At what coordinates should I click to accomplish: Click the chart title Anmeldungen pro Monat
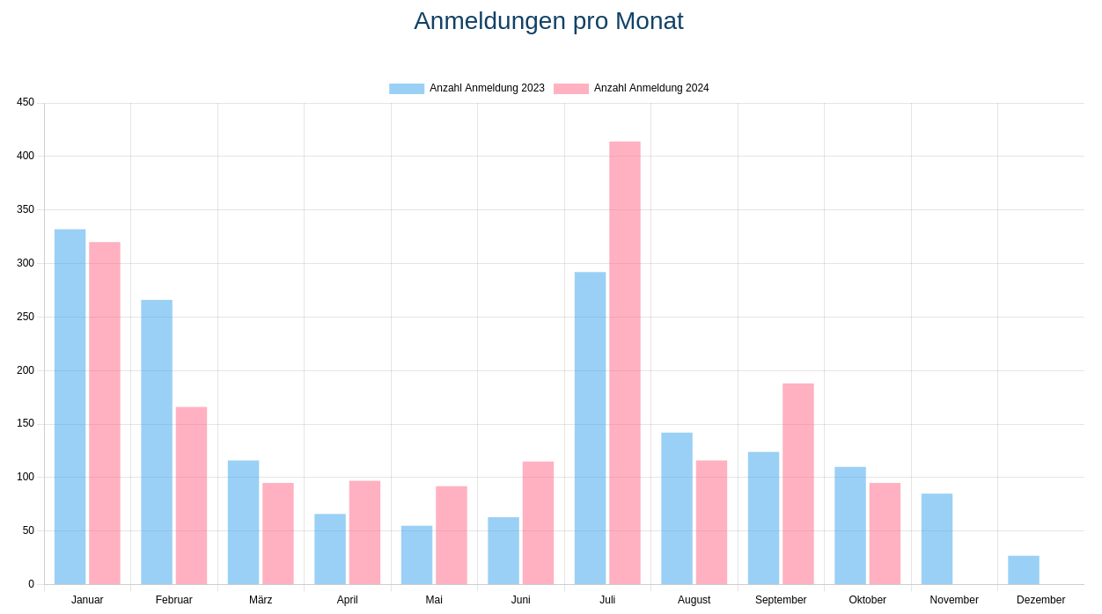548,21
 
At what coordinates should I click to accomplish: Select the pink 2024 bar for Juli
625,362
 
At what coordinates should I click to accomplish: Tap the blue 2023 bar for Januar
70,406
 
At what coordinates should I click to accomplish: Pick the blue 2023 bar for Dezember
1024,570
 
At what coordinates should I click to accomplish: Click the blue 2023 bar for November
937,538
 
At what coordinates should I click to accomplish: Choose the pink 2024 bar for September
798,484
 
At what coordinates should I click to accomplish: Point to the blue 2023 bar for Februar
157,442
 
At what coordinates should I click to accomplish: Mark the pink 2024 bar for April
364,532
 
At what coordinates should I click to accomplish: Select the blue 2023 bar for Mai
416,555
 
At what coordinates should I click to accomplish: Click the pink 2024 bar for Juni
538,523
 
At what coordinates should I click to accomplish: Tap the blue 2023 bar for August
677,508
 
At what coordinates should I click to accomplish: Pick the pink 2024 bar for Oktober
885,533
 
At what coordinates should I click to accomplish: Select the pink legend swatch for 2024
571,89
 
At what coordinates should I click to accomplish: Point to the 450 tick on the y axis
26,102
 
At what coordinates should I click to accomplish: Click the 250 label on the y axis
26,317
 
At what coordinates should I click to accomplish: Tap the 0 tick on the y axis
31,584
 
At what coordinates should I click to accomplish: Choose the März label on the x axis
261,600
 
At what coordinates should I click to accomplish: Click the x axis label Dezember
1040,600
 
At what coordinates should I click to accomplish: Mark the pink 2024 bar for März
278,533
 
